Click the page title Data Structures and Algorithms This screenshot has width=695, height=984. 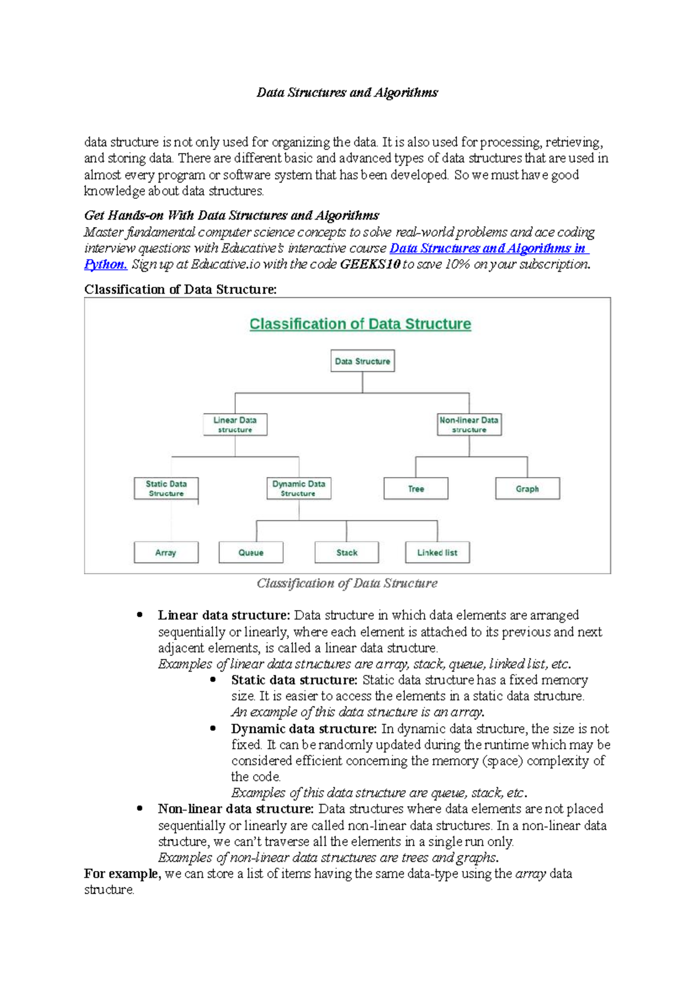point(347,93)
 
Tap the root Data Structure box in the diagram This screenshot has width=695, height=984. point(363,361)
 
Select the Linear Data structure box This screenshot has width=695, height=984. point(235,425)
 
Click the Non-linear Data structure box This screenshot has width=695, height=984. point(469,425)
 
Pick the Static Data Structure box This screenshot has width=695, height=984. point(166,489)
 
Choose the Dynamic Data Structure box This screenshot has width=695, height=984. point(299,489)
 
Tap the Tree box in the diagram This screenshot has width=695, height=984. point(416,489)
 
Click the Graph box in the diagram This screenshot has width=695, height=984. point(528,489)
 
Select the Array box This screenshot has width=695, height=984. point(166,552)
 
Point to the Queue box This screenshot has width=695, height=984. point(251,552)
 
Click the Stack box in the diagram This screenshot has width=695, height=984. point(347,552)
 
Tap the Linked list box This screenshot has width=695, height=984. point(437,552)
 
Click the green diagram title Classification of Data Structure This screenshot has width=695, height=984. point(360,324)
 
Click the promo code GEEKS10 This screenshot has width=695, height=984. point(370,265)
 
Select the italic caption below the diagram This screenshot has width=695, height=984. point(347,583)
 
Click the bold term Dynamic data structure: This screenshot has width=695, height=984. point(304,728)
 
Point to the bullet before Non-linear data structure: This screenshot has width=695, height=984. point(140,808)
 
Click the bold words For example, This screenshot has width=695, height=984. point(122,874)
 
